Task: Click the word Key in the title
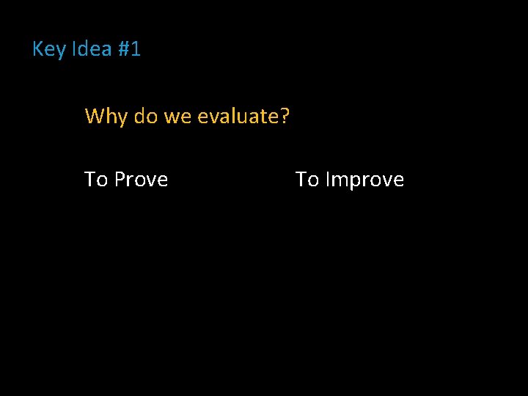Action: coord(49,50)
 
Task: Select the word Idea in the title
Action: coord(91,50)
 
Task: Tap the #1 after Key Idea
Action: coord(128,50)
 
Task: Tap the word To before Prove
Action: coord(96,180)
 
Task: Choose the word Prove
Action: coord(142,180)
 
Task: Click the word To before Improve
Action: coord(307,180)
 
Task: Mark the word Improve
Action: coord(364,180)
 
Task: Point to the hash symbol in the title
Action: coord(122,50)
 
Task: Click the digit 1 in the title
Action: coord(135,50)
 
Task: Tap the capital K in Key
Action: coord(39,50)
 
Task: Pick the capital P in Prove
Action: coord(120,180)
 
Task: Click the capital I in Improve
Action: coord(327,180)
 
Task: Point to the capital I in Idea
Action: coord(75,50)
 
